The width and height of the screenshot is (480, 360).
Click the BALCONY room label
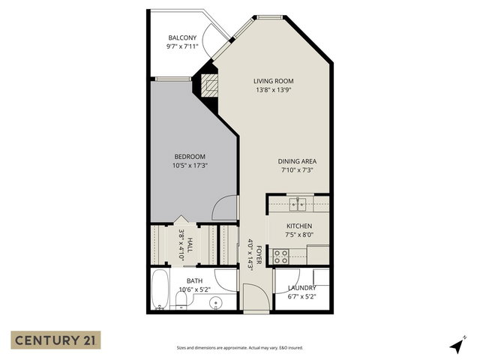pyautogui.click(x=183, y=37)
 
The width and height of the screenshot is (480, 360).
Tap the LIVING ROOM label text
pyautogui.click(x=273, y=81)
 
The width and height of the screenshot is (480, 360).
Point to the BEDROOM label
pyautogui.click(x=189, y=156)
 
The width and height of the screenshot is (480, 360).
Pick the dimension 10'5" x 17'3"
pyautogui.click(x=189, y=165)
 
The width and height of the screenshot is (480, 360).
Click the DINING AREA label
pyautogui.click(x=295, y=160)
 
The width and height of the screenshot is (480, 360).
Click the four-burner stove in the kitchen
pyautogui.click(x=280, y=255)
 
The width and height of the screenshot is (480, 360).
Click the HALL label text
pyautogui.click(x=190, y=244)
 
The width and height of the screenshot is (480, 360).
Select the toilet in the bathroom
pyautogui.click(x=181, y=301)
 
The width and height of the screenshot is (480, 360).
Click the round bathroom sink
pyautogui.click(x=216, y=303)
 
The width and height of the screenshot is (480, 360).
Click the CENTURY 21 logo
pyautogui.click(x=55, y=340)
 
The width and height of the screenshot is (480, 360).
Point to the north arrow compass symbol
pyautogui.click(x=456, y=344)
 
